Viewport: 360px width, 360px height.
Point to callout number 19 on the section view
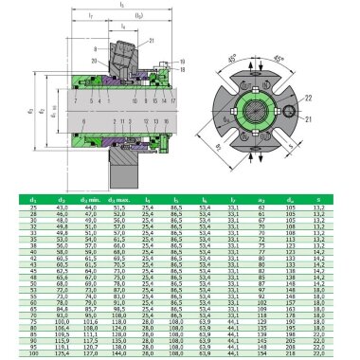(180, 62)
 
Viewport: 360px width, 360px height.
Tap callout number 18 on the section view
(180, 69)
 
